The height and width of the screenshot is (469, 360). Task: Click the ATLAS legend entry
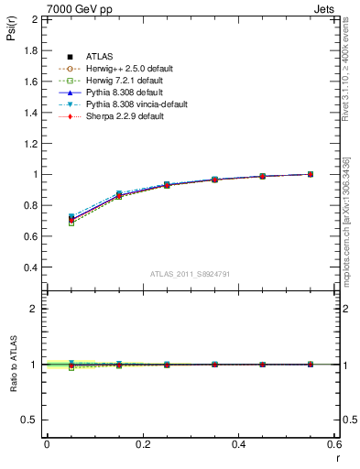[99, 57]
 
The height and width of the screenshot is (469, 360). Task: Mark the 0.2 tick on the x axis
[142, 443]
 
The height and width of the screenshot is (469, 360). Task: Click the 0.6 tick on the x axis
[334, 443]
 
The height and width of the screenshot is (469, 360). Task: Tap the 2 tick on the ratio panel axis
[33, 309]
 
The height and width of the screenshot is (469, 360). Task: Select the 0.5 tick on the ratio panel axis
[28, 420]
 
